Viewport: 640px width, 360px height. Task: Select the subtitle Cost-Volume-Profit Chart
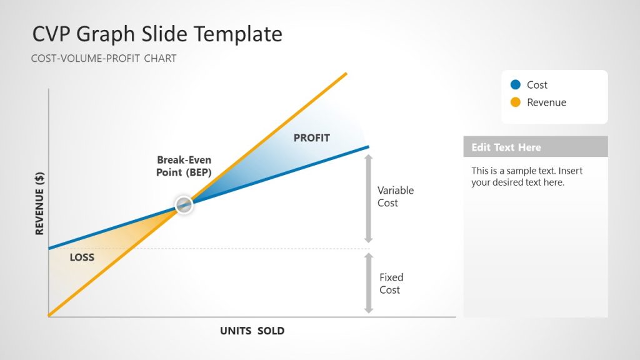(104, 59)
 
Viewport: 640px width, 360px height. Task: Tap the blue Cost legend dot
(516, 84)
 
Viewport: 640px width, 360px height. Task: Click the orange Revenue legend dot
(516, 102)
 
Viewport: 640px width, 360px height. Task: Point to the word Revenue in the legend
(546, 102)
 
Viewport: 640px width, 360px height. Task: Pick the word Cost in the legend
(537, 85)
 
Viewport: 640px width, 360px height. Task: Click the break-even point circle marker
(184, 204)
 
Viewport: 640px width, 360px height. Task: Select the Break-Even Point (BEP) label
(184, 166)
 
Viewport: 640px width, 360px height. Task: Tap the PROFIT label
(311, 137)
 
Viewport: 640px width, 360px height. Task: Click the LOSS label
(82, 257)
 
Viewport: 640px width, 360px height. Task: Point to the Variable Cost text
(395, 196)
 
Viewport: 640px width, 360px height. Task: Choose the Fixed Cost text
(391, 283)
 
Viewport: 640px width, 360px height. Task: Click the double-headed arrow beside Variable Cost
(369, 198)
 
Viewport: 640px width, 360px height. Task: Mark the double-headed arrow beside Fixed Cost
(369, 282)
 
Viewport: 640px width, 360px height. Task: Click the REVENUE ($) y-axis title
(39, 204)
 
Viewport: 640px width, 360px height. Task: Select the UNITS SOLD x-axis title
(252, 331)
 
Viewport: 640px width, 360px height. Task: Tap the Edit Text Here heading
(506, 147)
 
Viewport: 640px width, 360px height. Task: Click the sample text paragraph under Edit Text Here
(527, 176)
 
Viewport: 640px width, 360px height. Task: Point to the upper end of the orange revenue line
(345, 74)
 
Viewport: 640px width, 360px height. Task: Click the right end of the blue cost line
(367, 146)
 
